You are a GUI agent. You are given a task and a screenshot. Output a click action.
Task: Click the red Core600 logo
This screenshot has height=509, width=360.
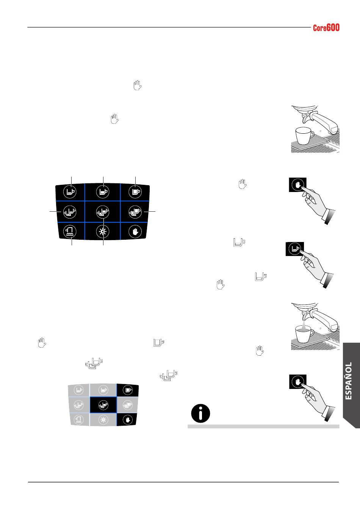click(x=326, y=28)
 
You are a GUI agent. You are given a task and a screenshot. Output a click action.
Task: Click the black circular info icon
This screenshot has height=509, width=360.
click(x=200, y=413)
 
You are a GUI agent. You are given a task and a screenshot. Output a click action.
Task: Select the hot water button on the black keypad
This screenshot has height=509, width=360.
click(x=70, y=231)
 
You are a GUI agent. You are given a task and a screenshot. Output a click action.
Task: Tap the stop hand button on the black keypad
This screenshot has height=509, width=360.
click(x=135, y=231)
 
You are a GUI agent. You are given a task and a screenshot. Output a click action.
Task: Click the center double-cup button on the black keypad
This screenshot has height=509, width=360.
click(x=103, y=212)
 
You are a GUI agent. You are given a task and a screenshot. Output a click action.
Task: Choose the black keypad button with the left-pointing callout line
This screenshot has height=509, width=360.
click(x=70, y=212)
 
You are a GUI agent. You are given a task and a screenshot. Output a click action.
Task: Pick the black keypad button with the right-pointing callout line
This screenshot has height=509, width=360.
click(x=135, y=212)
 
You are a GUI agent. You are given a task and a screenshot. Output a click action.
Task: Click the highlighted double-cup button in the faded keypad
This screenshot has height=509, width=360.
click(x=103, y=405)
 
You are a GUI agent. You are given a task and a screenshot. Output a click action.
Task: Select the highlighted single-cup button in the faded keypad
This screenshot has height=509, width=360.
click(x=128, y=390)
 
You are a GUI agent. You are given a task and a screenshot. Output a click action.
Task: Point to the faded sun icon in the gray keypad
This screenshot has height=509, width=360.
click(x=103, y=420)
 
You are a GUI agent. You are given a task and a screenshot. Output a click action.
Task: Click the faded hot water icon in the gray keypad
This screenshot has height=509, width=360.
click(x=79, y=419)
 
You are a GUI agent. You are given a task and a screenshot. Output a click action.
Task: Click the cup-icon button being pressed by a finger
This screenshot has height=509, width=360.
click(x=295, y=249)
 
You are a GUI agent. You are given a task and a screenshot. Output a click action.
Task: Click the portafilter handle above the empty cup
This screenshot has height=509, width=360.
click(x=325, y=123)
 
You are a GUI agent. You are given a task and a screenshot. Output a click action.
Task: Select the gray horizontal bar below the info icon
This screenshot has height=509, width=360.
click(x=263, y=426)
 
